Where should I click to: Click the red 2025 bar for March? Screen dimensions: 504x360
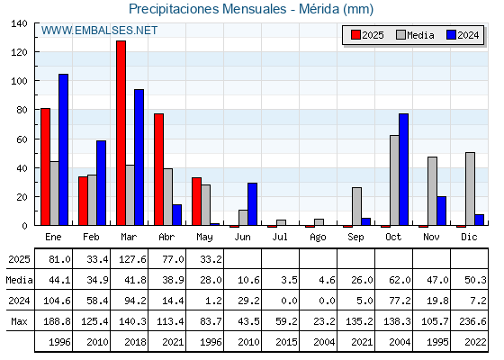pyautogui.click(x=121, y=133)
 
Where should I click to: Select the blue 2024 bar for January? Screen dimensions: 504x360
pyautogui.click(x=63, y=149)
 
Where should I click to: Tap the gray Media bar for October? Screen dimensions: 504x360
pyautogui.click(x=394, y=180)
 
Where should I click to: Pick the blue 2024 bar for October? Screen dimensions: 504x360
pyautogui.click(x=404, y=169)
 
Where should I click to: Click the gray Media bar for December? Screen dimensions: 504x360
pyautogui.click(x=470, y=189)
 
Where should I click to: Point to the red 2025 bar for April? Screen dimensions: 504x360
pyautogui.click(x=158, y=169)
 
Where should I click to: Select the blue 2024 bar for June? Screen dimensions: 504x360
pyautogui.click(x=252, y=204)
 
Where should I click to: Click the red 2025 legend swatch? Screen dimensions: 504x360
pyautogui.click(x=355, y=35)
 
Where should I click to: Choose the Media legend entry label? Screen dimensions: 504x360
pyautogui.click(x=420, y=35)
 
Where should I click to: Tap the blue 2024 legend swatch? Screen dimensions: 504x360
pyautogui.click(x=451, y=35)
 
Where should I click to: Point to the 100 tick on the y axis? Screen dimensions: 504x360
pyautogui.click(x=20, y=81)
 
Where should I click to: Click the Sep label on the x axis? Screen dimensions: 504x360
pyautogui.click(x=355, y=238)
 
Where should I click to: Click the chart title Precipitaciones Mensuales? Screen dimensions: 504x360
pyautogui.click(x=207, y=9)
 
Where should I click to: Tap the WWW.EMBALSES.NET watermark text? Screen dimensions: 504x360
pyautogui.click(x=99, y=31)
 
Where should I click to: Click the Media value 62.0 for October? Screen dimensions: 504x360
pyautogui.click(x=400, y=280)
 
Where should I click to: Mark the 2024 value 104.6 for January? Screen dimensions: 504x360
pyautogui.click(x=57, y=301)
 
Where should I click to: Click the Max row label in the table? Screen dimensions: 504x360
pyautogui.click(x=19, y=321)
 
